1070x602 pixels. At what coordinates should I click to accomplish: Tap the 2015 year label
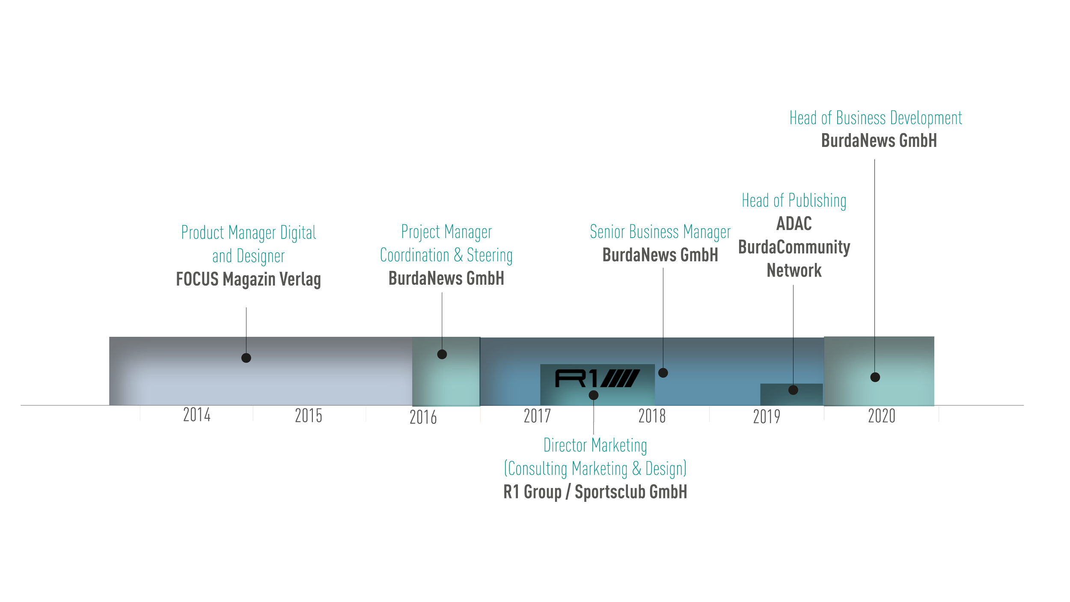[x=309, y=416]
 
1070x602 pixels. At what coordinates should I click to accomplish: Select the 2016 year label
[x=423, y=417]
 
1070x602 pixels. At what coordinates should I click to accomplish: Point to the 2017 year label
[x=537, y=416]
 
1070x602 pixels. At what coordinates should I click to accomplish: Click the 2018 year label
[x=652, y=416]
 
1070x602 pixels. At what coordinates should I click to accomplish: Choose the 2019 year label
[x=767, y=417]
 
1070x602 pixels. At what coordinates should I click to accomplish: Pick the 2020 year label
[x=881, y=416]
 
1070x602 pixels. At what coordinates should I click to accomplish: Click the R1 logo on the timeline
[x=597, y=378]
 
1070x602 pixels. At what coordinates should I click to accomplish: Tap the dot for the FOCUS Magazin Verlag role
[x=246, y=358]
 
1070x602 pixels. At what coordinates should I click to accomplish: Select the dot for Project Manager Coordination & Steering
[x=442, y=355]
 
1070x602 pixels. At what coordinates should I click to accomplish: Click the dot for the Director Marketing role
[x=594, y=395]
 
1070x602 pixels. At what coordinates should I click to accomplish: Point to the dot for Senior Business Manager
[x=663, y=373]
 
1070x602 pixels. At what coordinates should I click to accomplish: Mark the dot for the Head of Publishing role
[x=793, y=390]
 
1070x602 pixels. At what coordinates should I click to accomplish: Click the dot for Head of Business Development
[x=875, y=377]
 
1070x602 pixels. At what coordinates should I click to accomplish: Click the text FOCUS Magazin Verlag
[x=248, y=280]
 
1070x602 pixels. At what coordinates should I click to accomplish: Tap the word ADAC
[x=794, y=224]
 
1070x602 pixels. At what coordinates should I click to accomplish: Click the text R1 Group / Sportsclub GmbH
[x=595, y=492]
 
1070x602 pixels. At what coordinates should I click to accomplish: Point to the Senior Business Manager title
[x=660, y=232]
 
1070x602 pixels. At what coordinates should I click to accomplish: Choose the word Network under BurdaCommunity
[x=794, y=271]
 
